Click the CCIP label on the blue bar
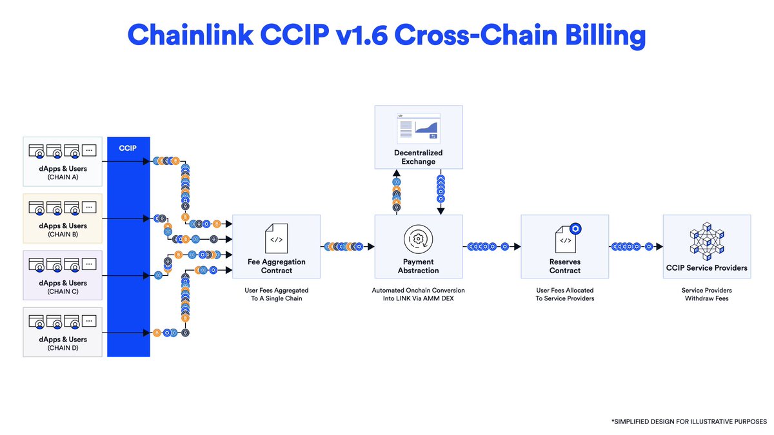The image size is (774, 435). (128, 148)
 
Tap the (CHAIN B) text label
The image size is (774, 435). (63, 234)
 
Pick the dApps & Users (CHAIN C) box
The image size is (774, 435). (63, 275)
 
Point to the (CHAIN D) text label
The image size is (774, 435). (63, 348)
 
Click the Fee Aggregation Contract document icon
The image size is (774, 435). (276, 238)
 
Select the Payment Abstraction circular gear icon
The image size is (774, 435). (418, 238)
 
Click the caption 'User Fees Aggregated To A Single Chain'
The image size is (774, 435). (276, 295)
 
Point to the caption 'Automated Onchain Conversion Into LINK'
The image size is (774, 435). (418, 295)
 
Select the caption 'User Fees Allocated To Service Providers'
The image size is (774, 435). (564, 295)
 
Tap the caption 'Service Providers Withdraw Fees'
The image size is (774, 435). (706, 295)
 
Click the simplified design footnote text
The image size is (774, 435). (689, 421)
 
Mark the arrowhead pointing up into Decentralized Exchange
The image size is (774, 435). (397, 173)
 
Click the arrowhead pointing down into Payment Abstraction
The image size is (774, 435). (441, 210)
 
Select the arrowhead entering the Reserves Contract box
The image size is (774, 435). (517, 246)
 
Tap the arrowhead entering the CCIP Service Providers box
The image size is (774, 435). (659, 246)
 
